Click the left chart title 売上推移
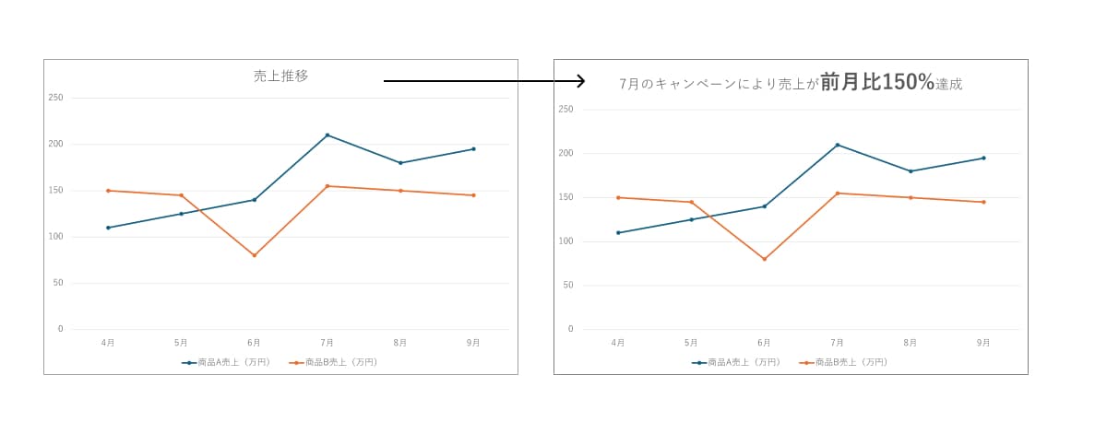(280, 76)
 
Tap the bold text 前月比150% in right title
(877, 82)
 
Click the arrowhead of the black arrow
(581, 81)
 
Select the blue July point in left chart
(327, 135)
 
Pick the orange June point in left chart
(255, 255)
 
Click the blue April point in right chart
(618, 232)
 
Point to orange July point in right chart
(838, 194)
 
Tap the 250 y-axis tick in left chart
(56, 98)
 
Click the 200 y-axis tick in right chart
(566, 154)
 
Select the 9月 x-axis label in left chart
(473, 343)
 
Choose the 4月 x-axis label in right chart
(618, 343)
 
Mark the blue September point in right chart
(983, 158)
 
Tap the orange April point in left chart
(108, 191)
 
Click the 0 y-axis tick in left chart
(60, 329)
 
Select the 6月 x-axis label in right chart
(764, 343)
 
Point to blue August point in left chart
(400, 163)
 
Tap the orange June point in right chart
(764, 259)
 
